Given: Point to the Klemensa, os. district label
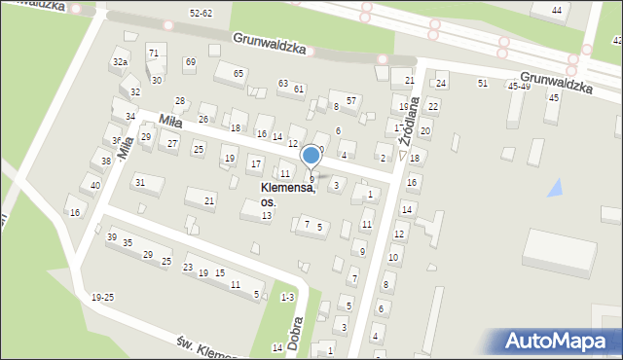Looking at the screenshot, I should click(287, 195).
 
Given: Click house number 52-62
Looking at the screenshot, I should click(201, 13).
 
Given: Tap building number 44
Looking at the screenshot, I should click(557, 10).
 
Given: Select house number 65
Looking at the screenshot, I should click(238, 73).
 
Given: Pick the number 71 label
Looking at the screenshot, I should click(153, 52).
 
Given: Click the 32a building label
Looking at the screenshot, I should click(120, 61).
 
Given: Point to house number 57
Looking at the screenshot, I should click(352, 100).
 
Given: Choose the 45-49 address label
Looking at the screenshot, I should click(519, 86).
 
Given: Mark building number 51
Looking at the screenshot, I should click(483, 84).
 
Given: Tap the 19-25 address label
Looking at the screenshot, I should click(102, 297).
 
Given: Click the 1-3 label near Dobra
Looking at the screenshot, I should click(287, 297).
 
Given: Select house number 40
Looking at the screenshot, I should click(94, 185).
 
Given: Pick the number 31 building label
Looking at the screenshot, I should click(140, 182).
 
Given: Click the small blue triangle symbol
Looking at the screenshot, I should click(555, 188).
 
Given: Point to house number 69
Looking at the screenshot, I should click(190, 62).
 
